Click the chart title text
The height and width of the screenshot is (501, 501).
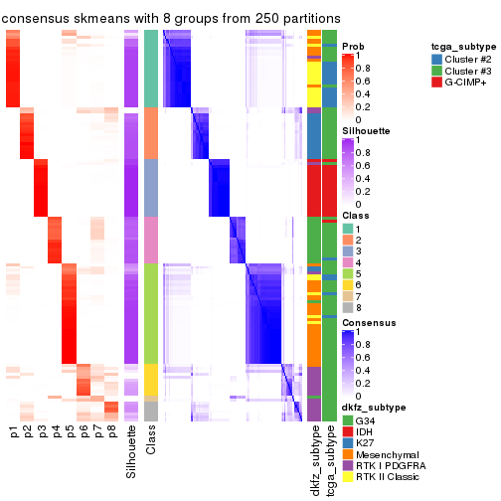(x=172, y=18)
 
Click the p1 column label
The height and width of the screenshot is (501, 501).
(x=14, y=432)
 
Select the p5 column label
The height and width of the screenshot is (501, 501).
(x=70, y=432)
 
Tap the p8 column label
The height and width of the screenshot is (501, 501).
(x=111, y=432)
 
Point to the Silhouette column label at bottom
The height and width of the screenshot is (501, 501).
(x=131, y=452)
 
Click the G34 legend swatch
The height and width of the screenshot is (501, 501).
(x=348, y=420)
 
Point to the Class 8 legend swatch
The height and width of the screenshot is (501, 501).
(x=348, y=308)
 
